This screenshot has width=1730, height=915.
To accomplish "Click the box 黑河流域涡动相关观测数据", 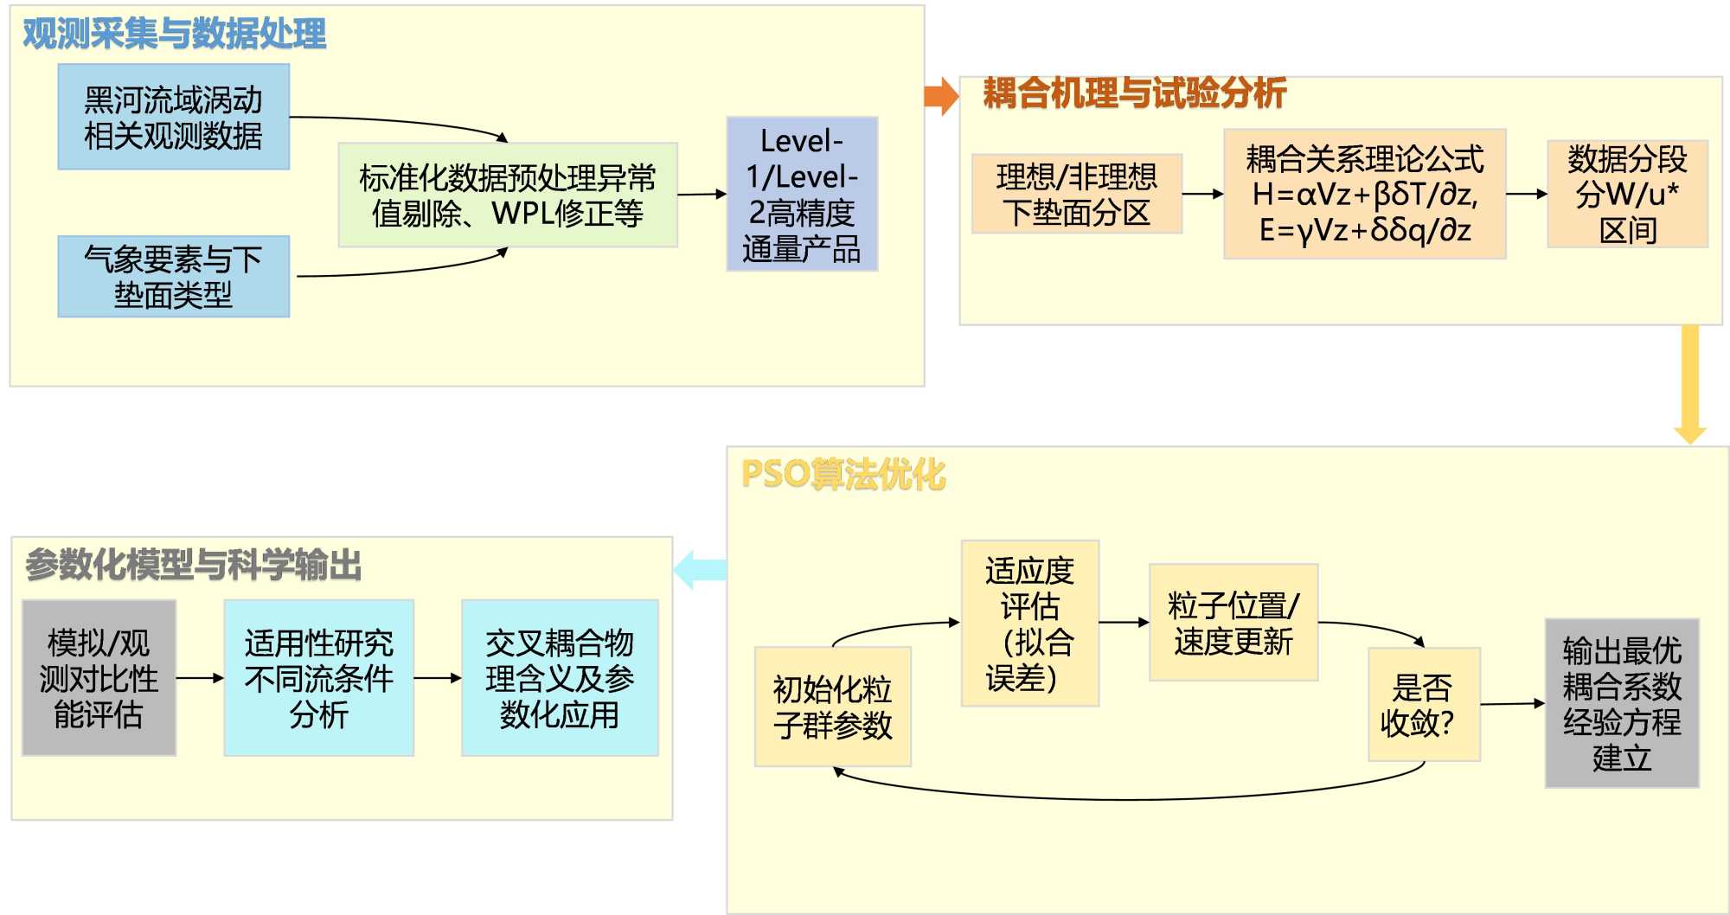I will pyautogui.click(x=173, y=117).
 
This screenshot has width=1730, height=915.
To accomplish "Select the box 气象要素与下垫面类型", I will pyautogui.click(x=173, y=277).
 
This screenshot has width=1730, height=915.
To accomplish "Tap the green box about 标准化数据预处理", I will pyautogui.click(x=508, y=195).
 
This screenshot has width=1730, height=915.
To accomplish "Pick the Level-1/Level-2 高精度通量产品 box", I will pyautogui.click(x=802, y=195).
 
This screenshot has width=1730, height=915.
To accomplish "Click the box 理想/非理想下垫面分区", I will pyautogui.click(x=1077, y=195).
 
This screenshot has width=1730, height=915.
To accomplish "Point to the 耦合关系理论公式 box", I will pyautogui.click(x=1365, y=195).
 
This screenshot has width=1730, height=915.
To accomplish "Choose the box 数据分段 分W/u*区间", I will pyautogui.click(x=1627, y=195).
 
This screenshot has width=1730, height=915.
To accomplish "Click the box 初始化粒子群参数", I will pyautogui.click(x=832, y=707).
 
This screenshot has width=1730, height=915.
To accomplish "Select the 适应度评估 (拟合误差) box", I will pyautogui.click(x=1029, y=624).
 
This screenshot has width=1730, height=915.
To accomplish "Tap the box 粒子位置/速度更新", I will pyautogui.click(x=1233, y=623).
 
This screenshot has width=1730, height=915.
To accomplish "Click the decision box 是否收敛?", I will pyautogui.click(x=1424, y=705).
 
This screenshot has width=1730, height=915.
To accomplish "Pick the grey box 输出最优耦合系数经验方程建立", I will pyautogui.click(x=1622, y=703).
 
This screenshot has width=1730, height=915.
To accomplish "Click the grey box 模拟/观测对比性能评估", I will pyautogui.click(x=99, y=678).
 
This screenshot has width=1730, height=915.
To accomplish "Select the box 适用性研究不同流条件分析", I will pyautogui.click(x=318, y=678).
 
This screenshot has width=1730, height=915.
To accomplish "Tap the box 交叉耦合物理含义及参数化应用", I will pyautogui.click(x=560, y=678).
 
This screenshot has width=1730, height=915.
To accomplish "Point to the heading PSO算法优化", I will pyautogui.click(x=843, y=475).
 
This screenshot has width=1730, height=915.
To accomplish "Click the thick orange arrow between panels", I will pyautogui.click(x=941, y=96).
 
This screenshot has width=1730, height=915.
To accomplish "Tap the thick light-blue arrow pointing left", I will pyautogui.click(x=700, y=570).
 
